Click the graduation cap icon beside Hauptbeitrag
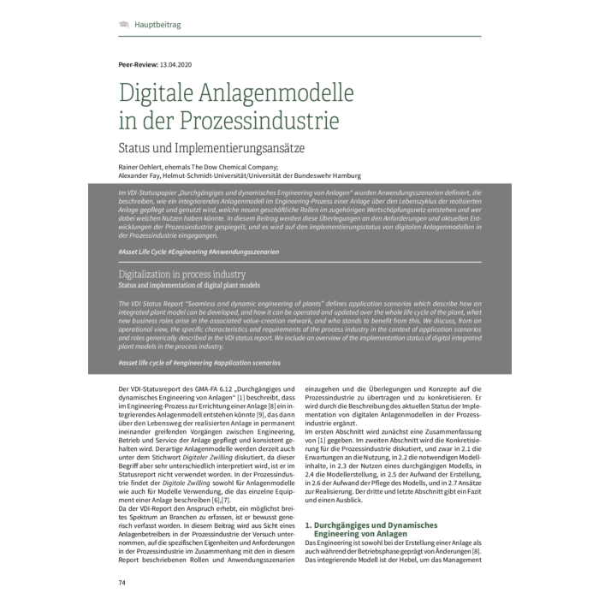tap(124, 25)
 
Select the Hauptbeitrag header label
tap(157, 25)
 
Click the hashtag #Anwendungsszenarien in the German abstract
tap(243, 252)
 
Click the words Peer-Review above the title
tap(138, 65)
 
